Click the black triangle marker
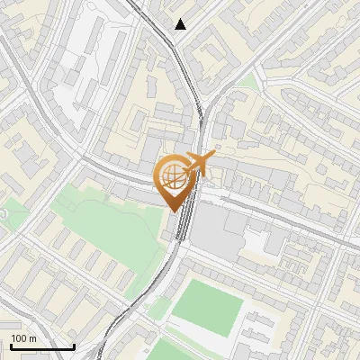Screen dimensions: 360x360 [x=181, y=24]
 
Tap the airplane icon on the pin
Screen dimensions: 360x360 [x=199, y=165]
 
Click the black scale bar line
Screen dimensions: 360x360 [x=42, y=346]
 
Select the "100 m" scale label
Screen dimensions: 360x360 [x=23, y=338]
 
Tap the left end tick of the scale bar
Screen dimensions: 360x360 [x=11, y=345]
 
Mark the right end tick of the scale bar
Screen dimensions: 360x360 [x=74, y=345]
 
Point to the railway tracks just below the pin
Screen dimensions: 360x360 [x=180, y=225]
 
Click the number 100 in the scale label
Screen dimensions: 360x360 [x=19, y=338]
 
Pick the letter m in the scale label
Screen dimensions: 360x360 [x=33, y=339]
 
